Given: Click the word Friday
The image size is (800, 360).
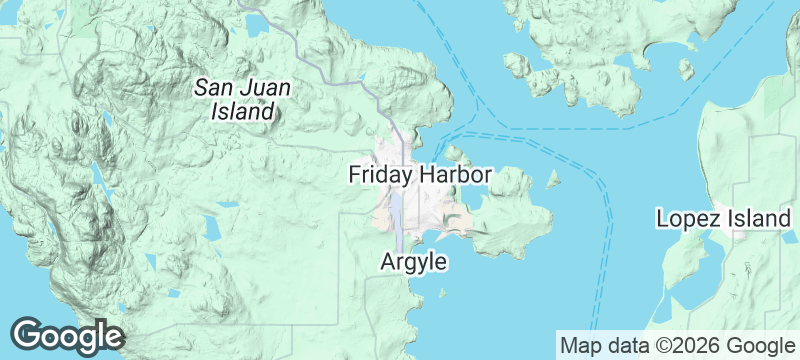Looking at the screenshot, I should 381,175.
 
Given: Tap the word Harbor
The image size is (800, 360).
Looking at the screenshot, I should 455,175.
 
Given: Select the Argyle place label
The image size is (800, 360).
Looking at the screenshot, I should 413,262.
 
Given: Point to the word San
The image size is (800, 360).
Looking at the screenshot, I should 214,88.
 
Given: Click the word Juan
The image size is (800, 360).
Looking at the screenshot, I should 265,88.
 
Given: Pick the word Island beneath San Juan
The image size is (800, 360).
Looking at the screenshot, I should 243,112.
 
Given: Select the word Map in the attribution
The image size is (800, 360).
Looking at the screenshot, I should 581,346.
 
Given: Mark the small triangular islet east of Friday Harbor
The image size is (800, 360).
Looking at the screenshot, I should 552,181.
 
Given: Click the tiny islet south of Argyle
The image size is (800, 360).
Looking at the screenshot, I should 442,293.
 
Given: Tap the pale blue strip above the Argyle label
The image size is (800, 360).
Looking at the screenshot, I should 397,215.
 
